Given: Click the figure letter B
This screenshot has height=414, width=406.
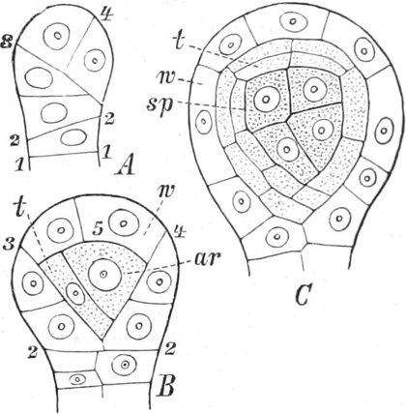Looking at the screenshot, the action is pyautogui.click(x=164, y=385).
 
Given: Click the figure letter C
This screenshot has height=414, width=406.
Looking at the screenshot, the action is pyautogui.click(x=304, y=295).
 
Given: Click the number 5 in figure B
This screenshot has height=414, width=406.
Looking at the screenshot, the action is pyautogui.click(x=99, y=228).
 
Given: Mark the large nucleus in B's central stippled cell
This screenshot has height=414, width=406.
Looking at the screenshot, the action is pyautogui.click(x=104, y=275).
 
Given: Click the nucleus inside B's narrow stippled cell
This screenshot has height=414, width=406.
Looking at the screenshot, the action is pyautogui.click(x=75, y=293).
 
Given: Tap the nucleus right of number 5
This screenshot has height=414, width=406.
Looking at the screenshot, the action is pyautogui.click(x=124, y=223).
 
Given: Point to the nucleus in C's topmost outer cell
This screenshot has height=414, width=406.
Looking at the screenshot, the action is pyautogui.click(x=293, y=22).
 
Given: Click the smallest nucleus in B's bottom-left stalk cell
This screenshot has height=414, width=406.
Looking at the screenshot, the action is pyautogui.click(x=77, y=379).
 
